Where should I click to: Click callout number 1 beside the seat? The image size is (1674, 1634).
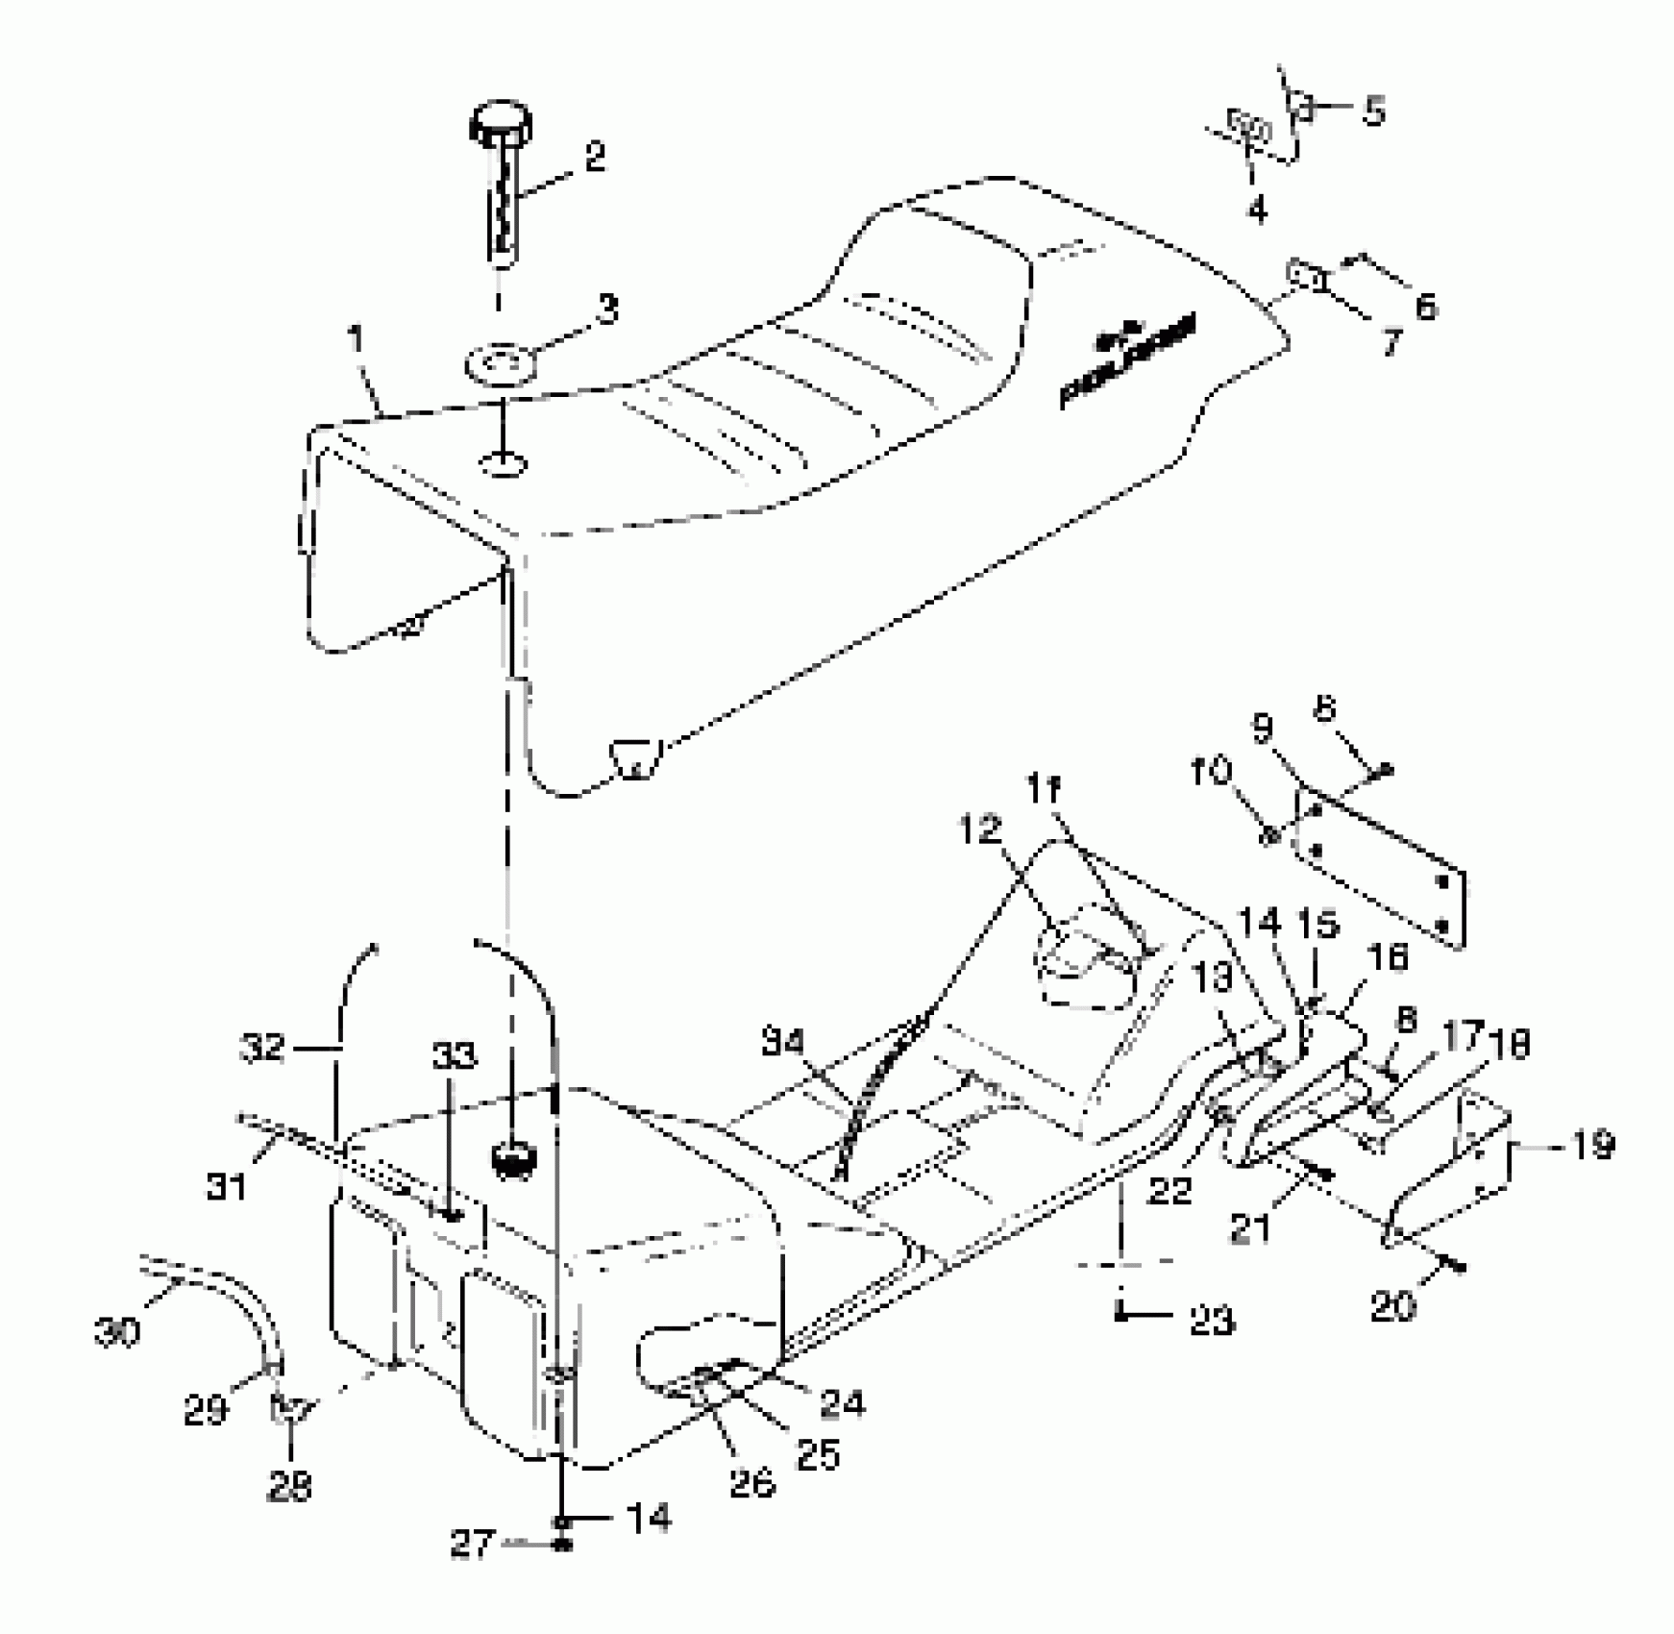click(x=357, y=340)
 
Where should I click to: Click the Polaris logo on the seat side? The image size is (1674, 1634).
click(x=1129, y=360)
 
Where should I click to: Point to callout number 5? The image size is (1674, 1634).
click(x=1374, y=111)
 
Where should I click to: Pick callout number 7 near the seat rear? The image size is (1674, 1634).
click(x=1391, y=341)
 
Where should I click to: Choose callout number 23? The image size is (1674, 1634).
click(x=1211, y=1322)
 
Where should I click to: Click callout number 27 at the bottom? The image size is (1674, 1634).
click(x=472, y=1546)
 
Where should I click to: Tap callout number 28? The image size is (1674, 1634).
click(x=289, y=1487)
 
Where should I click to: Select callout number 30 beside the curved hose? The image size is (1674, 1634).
click(x=117, y=1332)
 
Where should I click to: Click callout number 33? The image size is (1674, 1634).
click(x=454, y=1056)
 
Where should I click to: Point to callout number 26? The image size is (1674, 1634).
click(x=751, y=1483)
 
